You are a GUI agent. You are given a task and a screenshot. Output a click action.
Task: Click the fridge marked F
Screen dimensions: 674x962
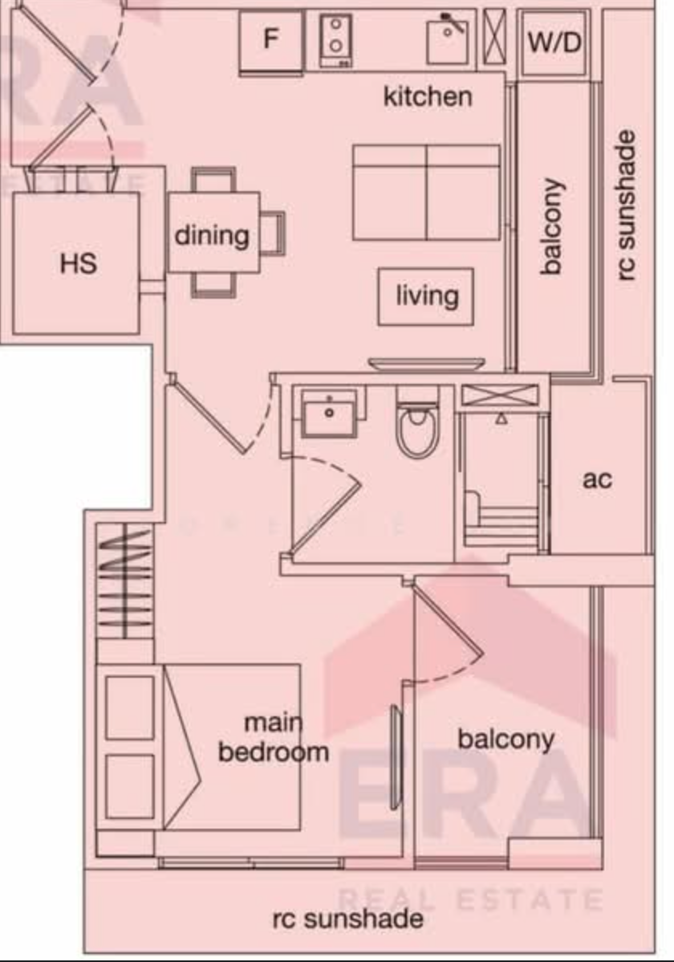[271, 42]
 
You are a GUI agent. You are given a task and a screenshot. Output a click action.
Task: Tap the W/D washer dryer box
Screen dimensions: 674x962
[554, 43]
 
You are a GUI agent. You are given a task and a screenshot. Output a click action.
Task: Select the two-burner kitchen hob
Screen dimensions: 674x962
[336, 40]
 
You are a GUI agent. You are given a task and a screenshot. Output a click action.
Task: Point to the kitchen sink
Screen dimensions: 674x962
[448, 39]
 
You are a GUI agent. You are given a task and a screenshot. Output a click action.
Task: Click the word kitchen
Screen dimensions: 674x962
[428, 97]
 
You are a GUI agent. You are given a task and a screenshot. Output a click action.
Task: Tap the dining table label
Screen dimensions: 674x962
[212, 236]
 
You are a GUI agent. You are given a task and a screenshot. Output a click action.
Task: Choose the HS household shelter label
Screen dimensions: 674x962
[79, 263]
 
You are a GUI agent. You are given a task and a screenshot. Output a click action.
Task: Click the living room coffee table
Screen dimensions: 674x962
[425, 296]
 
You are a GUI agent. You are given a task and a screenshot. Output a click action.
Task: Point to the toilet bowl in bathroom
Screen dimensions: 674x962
[417, 423]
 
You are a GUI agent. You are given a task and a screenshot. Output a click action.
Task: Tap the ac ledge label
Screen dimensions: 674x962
[597, 479]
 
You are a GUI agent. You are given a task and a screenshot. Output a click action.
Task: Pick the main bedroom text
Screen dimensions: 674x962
[274, 737]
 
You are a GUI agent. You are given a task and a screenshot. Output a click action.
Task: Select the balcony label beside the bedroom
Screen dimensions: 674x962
[506, 740]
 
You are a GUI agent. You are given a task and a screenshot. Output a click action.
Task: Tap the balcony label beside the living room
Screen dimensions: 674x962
[552, 226]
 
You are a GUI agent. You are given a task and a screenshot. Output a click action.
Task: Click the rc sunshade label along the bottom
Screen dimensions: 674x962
[347, 919]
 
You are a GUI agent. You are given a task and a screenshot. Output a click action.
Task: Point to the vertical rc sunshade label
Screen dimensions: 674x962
[625, 206]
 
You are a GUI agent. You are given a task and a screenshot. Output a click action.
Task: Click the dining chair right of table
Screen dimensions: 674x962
[273, 232]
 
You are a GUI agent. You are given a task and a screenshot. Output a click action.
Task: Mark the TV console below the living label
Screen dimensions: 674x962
[426, 365]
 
